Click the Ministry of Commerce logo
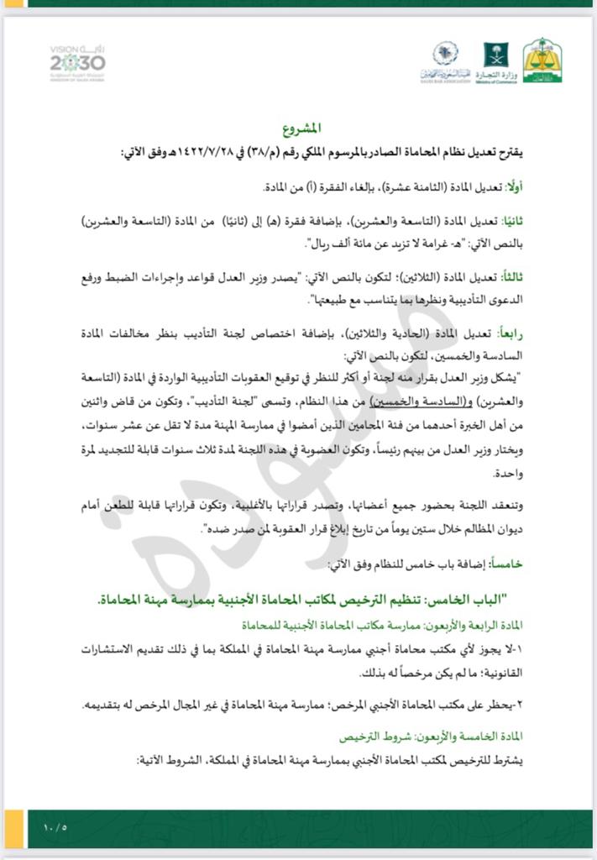(x=495, y=60)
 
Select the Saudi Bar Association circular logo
(x=445, y=60)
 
